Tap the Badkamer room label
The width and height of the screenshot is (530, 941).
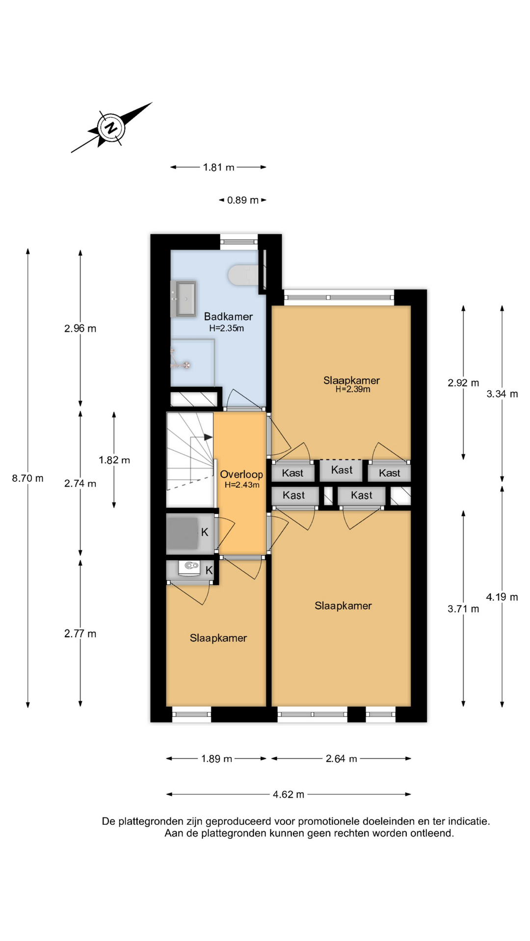pyautogui.click(x=228, y=317)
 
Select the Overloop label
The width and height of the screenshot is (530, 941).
pyautogui.click(x=241, y=474)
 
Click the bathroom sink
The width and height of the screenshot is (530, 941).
pyautogui.click(x=185, y=298)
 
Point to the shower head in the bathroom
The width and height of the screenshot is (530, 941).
pyautogui.click(x=186, y=365)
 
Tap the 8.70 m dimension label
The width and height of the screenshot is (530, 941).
pyautogui.click(x=28, y=478)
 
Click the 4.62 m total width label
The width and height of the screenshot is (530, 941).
pyautogui.click(x=289, y=794)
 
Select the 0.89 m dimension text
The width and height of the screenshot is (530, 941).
pyautogui.click(x=243, y=200)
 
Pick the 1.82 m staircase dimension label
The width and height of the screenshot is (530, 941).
pyautogui.click(x=114, y=460)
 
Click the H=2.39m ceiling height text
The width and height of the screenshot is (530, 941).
pyautogui.click(x=353, y=389)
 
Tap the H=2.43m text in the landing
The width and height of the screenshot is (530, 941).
pyautogui.click(x=242, y=485)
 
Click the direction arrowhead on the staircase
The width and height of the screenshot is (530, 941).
pyautogui.click(x=209, y=437)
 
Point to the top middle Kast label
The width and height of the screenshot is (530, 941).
pyautogui.click(x=342, y=470)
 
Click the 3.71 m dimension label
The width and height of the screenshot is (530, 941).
pyautogui.click(x=463, y=609)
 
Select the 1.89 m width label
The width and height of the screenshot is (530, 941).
pyautogui.click(x=216, y=759)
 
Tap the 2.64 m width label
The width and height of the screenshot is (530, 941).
pyautogui.click(x=342, y=759)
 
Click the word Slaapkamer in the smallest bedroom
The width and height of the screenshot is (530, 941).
pyautogui.click(x=218, y=638)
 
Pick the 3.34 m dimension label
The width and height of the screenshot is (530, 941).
pyautogui.click(x=502, y=394)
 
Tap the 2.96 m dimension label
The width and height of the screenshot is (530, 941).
pyautogui.click(x=80, y=328)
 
